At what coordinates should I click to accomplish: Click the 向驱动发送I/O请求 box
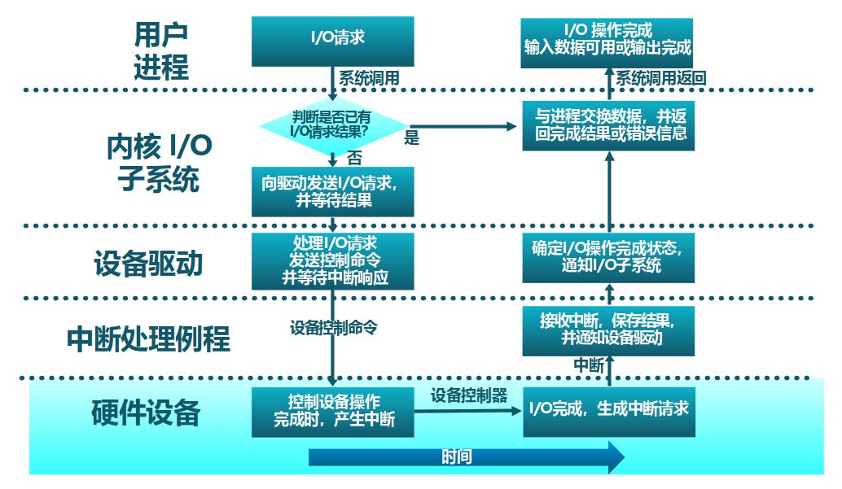332,191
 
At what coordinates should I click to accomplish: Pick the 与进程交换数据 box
607,124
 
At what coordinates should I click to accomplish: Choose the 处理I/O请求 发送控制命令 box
332,261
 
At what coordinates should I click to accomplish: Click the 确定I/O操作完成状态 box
607,258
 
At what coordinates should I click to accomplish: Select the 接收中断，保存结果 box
607,330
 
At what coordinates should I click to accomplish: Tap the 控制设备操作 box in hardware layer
332,412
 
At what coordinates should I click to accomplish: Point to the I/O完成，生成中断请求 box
607,408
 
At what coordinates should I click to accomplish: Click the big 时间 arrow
465,456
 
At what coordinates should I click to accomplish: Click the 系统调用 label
369,78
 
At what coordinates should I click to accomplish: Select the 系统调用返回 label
660,78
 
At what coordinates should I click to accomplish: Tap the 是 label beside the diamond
412,138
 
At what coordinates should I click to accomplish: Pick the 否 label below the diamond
355,157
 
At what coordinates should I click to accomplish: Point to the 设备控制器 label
469,395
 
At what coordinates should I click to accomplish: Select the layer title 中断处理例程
149,338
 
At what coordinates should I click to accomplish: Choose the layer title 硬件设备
146,413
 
